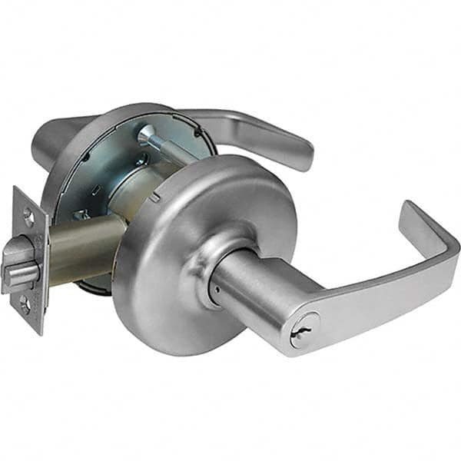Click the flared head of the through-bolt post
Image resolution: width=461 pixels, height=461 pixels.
coord(146,133)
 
